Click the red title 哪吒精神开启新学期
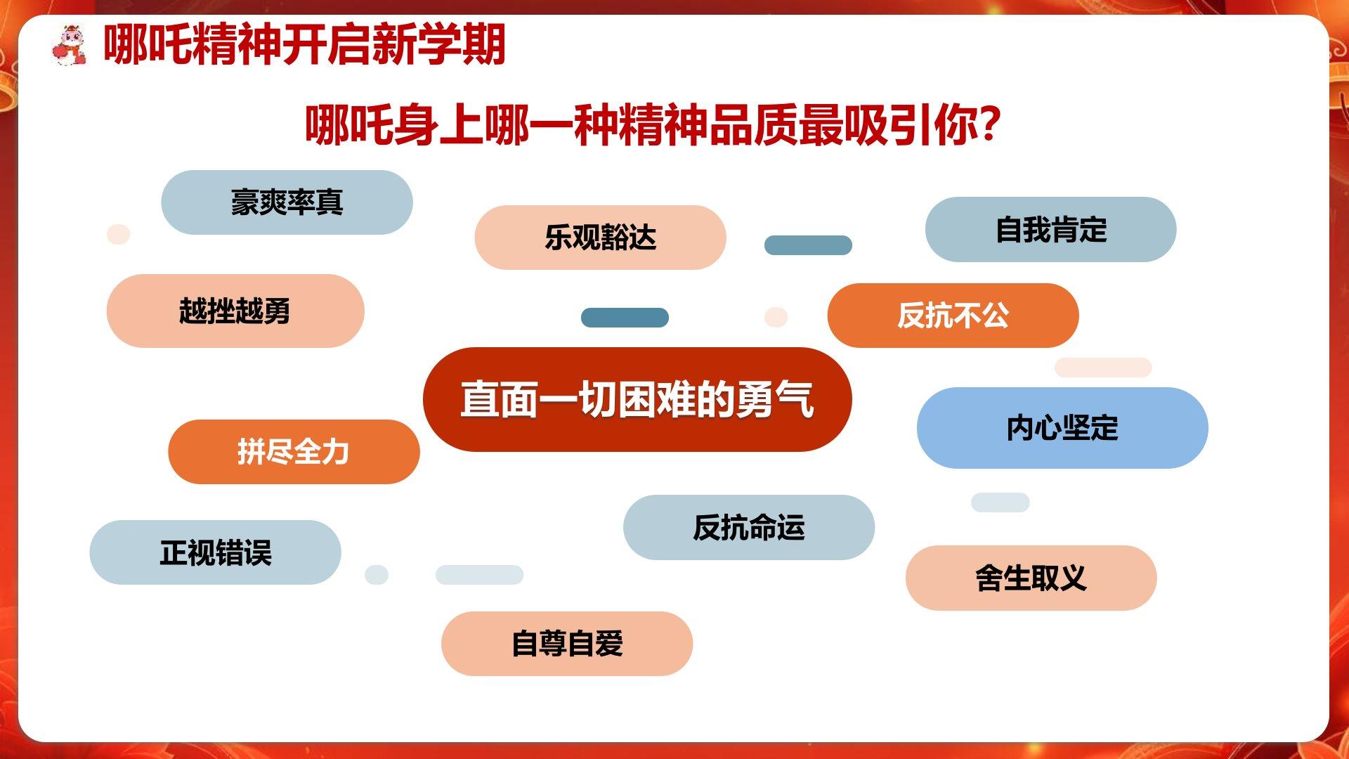click(304, 44)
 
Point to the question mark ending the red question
click(989, 124)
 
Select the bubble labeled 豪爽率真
click(287, 202)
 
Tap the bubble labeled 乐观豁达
click(600, 238)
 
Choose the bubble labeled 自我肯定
click(1051, 230)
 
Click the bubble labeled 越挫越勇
click(235, 311)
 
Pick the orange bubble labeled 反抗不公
click(953, 316)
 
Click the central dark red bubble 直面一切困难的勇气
click(637, 399)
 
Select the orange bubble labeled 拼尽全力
click(294, 452)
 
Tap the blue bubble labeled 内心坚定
click(1062, 428)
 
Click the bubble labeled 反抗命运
click(749, 527)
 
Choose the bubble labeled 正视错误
click(215, 552)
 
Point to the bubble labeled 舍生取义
click(1031, 578)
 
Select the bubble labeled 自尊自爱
click(567, 644)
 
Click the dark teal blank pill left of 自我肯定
click(808, 245)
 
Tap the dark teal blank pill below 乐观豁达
click(625, 318)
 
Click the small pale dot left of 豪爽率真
click(119, 234)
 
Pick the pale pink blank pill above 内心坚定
click(1103, 368)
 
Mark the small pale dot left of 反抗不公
click(776, 317)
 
